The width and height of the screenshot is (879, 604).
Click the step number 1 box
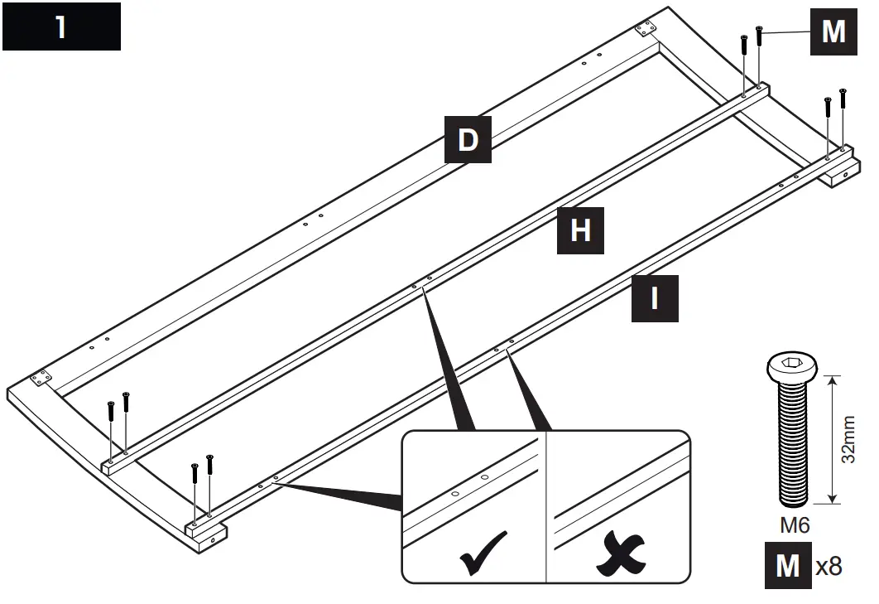point(61,27)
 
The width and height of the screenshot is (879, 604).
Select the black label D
point(468,139)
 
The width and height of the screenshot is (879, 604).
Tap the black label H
point(580,230)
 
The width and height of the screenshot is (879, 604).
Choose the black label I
point(655,298)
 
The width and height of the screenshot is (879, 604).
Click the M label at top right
point(833,31)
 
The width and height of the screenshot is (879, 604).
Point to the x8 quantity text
point(829,566)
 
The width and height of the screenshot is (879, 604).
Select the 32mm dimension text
point(849,440)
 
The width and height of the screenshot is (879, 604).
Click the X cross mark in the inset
point(618,553)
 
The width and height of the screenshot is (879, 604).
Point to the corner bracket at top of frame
point(644,30)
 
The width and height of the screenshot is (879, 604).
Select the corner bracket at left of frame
point(38,380)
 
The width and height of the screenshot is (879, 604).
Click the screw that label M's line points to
point(759,34)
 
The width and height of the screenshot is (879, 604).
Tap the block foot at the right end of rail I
point(843,172)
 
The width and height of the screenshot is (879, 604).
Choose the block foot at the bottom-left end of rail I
point(204,533)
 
